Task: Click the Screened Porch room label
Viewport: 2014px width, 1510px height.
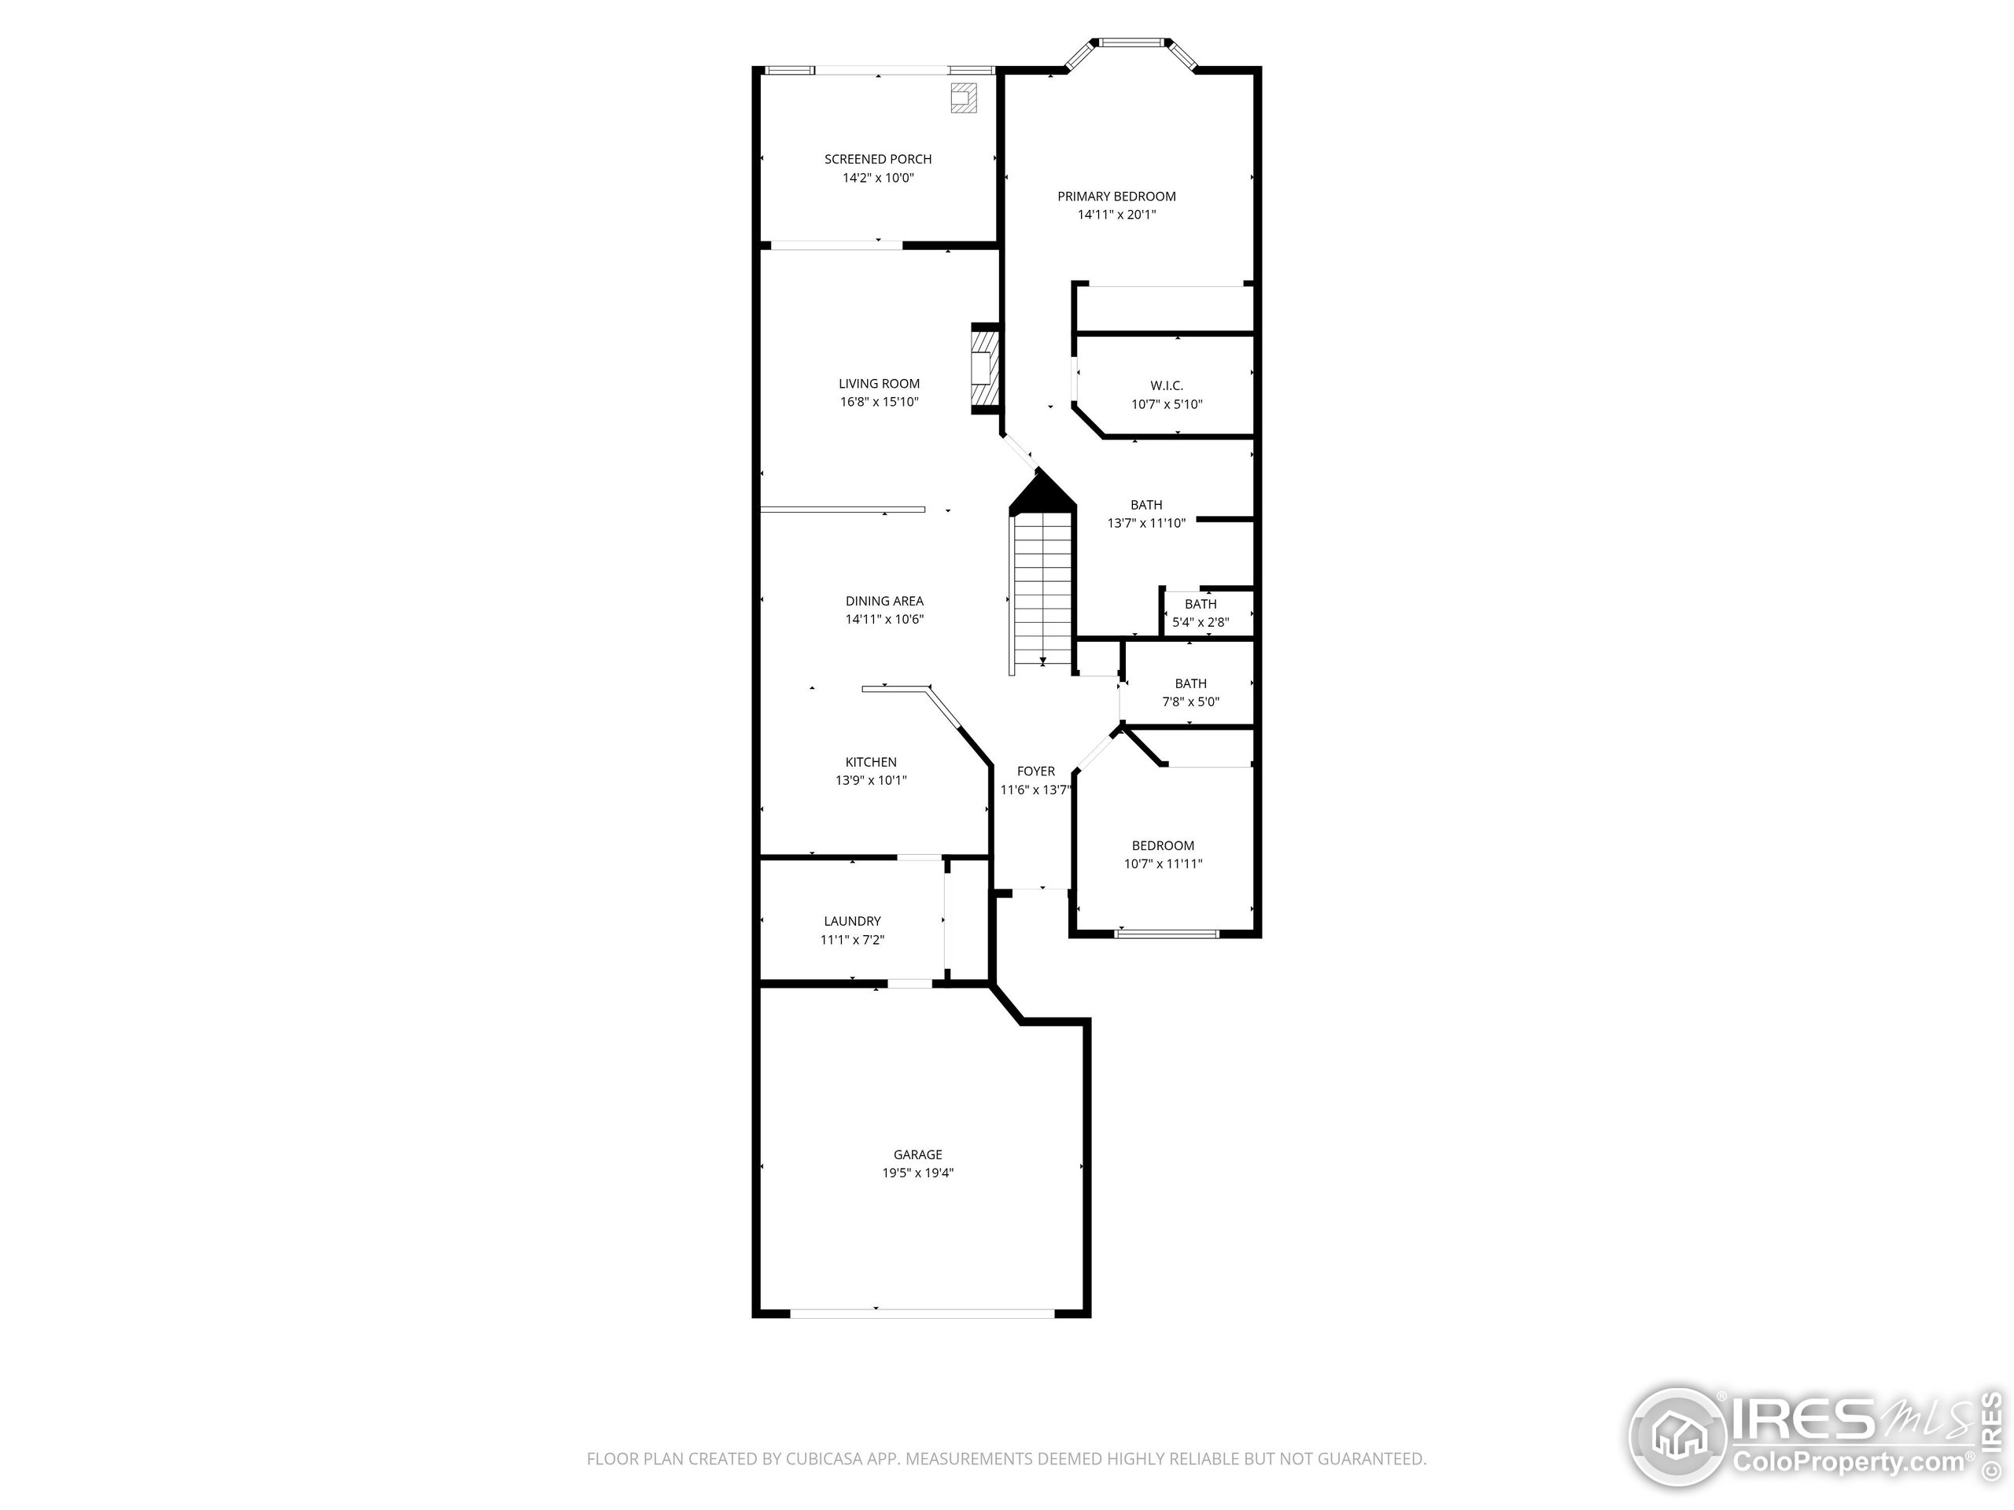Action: click(x=878, y=160)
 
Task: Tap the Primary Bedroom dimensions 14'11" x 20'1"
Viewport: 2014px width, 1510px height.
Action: click(x=1116, y=215)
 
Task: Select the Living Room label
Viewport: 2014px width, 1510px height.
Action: click(x=879, y=384)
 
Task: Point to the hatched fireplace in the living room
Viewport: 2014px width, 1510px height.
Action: click(x=984, y=369)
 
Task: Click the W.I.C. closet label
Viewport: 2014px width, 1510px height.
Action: click(x=1167, y=386)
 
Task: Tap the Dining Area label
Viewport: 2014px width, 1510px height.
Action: click(x=884, y=601)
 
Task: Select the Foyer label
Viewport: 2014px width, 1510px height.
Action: click(x=1036, y=771)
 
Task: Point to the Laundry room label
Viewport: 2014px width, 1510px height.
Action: click(x=852, y=921)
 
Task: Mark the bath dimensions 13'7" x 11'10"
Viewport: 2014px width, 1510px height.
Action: click(x=1146, y=523)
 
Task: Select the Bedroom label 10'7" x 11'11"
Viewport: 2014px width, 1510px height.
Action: click(x=1163, y=845)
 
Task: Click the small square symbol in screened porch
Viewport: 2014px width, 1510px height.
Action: click(x=963, y=98)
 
